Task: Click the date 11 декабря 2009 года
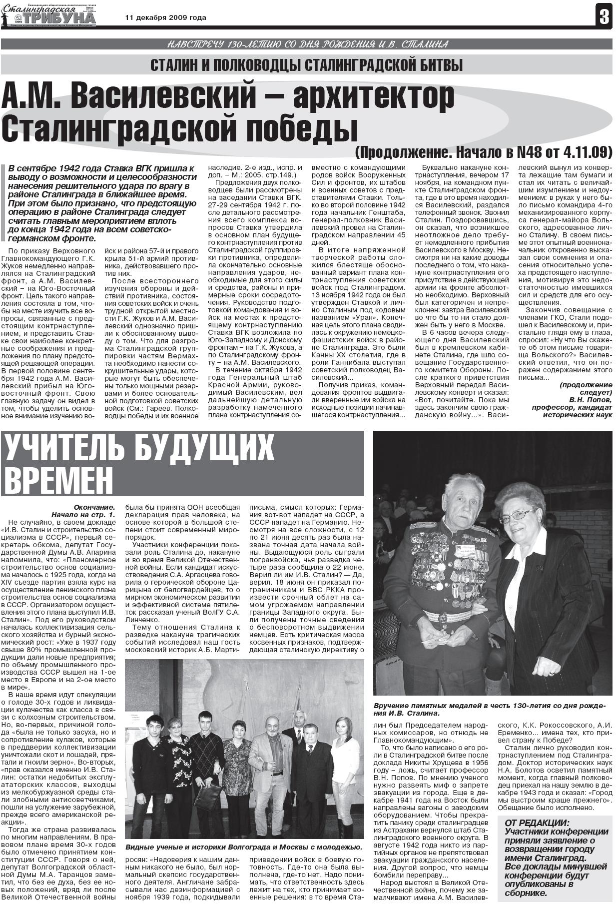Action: [x=165, y=17]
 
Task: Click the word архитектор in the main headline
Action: [x=373, y=97]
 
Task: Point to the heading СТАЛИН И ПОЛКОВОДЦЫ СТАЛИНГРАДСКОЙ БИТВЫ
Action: [x=307, y=65]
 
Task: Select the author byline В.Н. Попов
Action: [x=590, y=400]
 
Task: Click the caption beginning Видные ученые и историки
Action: [x=244, y=847]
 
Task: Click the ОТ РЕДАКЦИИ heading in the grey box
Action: [x=537, y=823]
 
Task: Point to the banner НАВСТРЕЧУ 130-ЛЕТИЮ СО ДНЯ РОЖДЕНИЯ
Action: [x=307, y=44]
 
